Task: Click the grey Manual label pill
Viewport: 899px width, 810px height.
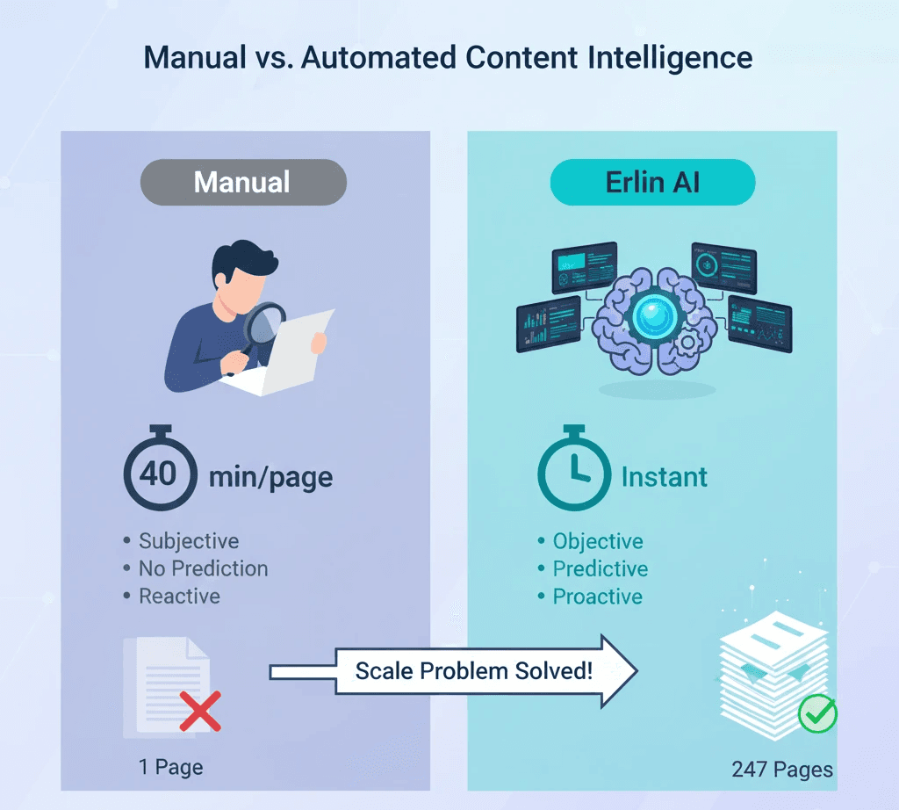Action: [x=243, y=183]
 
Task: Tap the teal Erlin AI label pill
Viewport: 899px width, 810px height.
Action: [x=652, y=183]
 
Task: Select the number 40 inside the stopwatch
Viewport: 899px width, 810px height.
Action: [x=159, y=474]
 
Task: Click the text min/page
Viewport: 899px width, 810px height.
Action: [x=270, y=478]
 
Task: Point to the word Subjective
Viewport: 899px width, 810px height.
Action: [x=189, y=541]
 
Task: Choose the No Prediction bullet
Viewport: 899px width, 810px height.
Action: [x=203, y=568]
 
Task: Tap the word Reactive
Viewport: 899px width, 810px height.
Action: [x=180, y=597]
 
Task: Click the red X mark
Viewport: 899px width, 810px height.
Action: [x=200, y=710]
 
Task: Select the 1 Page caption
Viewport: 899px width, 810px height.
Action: [x=170, y=767]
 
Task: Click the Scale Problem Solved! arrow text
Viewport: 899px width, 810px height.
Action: [x=473, y=672]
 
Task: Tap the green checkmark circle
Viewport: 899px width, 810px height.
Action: [x=817, y=714]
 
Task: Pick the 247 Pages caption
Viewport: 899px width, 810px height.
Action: [x=782, y=770]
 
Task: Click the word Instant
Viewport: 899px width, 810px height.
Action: [x=664, y=478]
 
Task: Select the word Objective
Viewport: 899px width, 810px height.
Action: [x=598, y=541]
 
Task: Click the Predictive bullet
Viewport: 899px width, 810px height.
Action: [x=601, y=568]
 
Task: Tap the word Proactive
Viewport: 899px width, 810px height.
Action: [x=598, y=597]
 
